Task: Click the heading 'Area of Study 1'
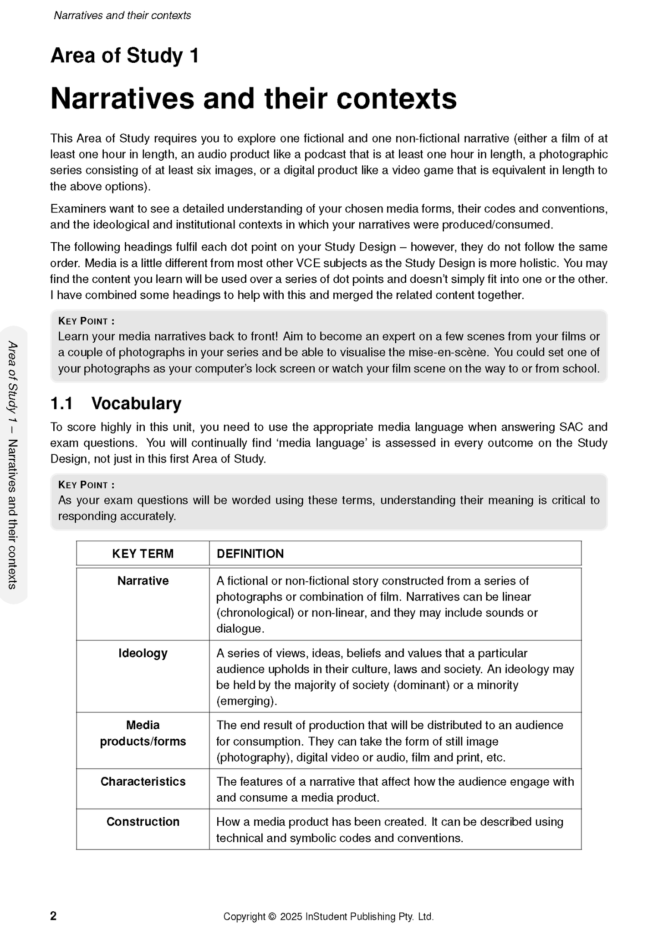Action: (x=125, y=56)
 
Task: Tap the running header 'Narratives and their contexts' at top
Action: (x=122, y=15)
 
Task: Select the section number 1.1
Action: (x=61, y=404)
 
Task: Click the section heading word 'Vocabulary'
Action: (x=136, y=404)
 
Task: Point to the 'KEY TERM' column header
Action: (x=143, y=554)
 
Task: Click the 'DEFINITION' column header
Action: (x=250, y=554)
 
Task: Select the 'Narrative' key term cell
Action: (x=143, y=581)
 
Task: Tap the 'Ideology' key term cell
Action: (x=143, y=653)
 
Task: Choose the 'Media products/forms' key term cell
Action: (x=143, y=733)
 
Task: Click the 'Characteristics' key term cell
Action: (x=143, y=782)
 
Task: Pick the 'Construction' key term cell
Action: (x=143, y=822)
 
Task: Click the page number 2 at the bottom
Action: (x=53, y=916)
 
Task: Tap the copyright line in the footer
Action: (x=328, y=917)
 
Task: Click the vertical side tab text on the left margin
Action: (x=13, y=465)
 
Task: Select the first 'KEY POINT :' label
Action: (x=86, y=321)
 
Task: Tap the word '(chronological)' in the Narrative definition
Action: (x=255, y=613)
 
